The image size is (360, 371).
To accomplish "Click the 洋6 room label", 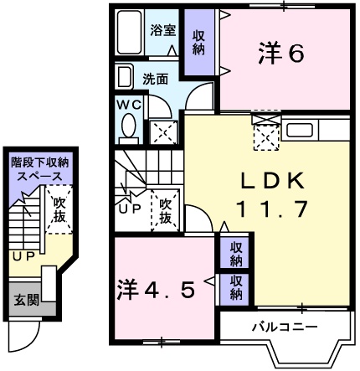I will tap(280, 54).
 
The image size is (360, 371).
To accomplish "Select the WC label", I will tap(129, 105).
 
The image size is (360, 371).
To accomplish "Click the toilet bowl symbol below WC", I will tap(129, 126).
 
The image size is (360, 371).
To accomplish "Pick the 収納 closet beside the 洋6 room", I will tap(198, 43).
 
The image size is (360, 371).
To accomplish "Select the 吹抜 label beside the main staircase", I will tap(165, 211).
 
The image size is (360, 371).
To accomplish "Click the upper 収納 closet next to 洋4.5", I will tap(237, 254).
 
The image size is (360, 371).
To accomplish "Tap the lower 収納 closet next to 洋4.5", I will tap(237, 287).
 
